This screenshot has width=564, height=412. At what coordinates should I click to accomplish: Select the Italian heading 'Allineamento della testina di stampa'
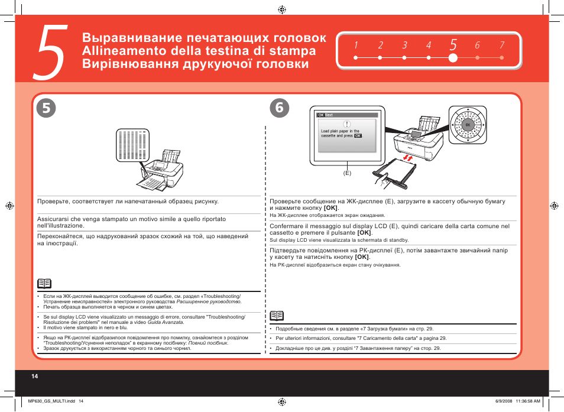pyautogui.click(x=198, y=51)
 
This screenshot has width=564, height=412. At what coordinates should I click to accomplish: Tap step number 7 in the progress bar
pyautogui.click(x=501, y=46)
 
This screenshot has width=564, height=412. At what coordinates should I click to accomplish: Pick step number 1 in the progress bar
pyautogui.click(x=356, y=46)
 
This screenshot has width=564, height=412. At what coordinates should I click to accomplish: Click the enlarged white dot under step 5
pyautogui.click(x=453, y=58)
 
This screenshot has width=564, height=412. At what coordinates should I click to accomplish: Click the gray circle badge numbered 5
pyautogui.click(x=46, y=108)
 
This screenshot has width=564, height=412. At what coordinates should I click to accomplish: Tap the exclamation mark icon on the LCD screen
pyautogui.click(x=347, y=124)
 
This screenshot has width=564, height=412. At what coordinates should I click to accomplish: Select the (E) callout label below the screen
pyautogui.click(x=347, y=173)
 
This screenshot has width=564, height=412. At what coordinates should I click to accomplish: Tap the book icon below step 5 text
pyautogui.click(x=44, y=284)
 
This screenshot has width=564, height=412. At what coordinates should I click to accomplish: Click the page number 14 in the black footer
pyautogui.click(x=34, y=376)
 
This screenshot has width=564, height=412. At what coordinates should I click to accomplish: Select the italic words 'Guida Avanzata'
pyautogui.click(x=165, y=322)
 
